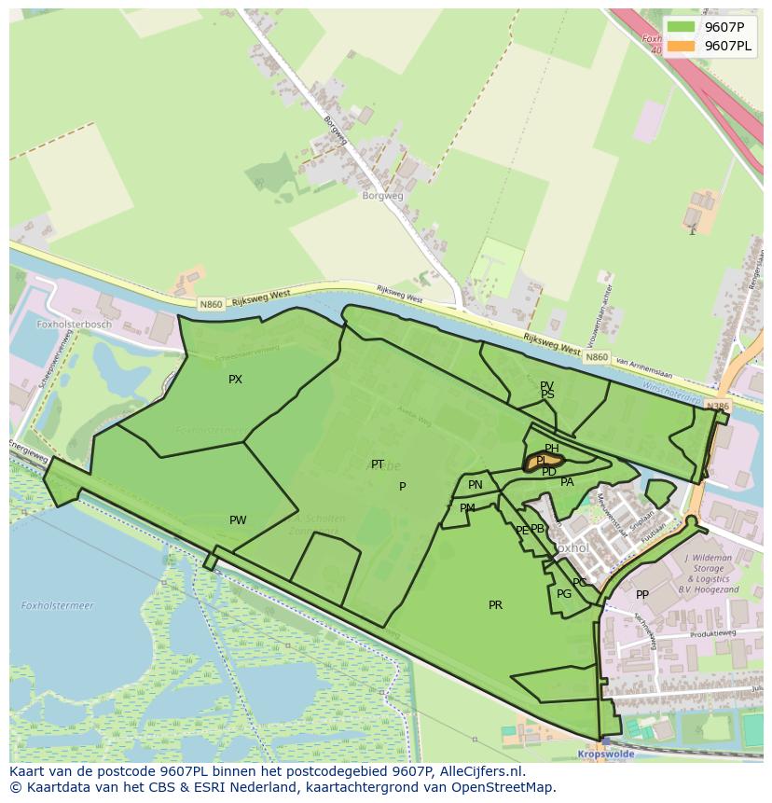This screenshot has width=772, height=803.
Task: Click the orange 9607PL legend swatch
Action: (x=681, y=47)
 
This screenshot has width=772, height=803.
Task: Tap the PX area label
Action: (x=235, y=380)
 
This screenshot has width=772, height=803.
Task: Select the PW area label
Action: (x=238, y=520)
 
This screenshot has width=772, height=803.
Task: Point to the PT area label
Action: (x=378, y=464)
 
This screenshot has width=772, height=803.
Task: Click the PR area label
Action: (x=495, y=605)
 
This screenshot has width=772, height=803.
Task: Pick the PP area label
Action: (x=642, y=595)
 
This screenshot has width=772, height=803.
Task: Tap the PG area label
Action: (x=564, y=594)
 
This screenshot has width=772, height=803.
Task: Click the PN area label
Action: (x=476, y=485)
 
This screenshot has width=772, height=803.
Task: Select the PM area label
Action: (x=467, y=508)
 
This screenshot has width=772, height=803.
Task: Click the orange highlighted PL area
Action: (x=545, y=461)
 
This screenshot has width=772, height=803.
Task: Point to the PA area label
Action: (x=567, y=482)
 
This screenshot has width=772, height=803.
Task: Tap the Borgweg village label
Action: (x=382, y=196)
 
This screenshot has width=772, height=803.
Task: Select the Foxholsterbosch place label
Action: (x=74, y=325)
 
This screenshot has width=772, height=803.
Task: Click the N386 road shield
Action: (x=717, y=407)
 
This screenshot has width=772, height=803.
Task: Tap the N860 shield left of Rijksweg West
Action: (x=210, y=304)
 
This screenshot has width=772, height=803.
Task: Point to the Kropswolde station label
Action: (x=606, y=754)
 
